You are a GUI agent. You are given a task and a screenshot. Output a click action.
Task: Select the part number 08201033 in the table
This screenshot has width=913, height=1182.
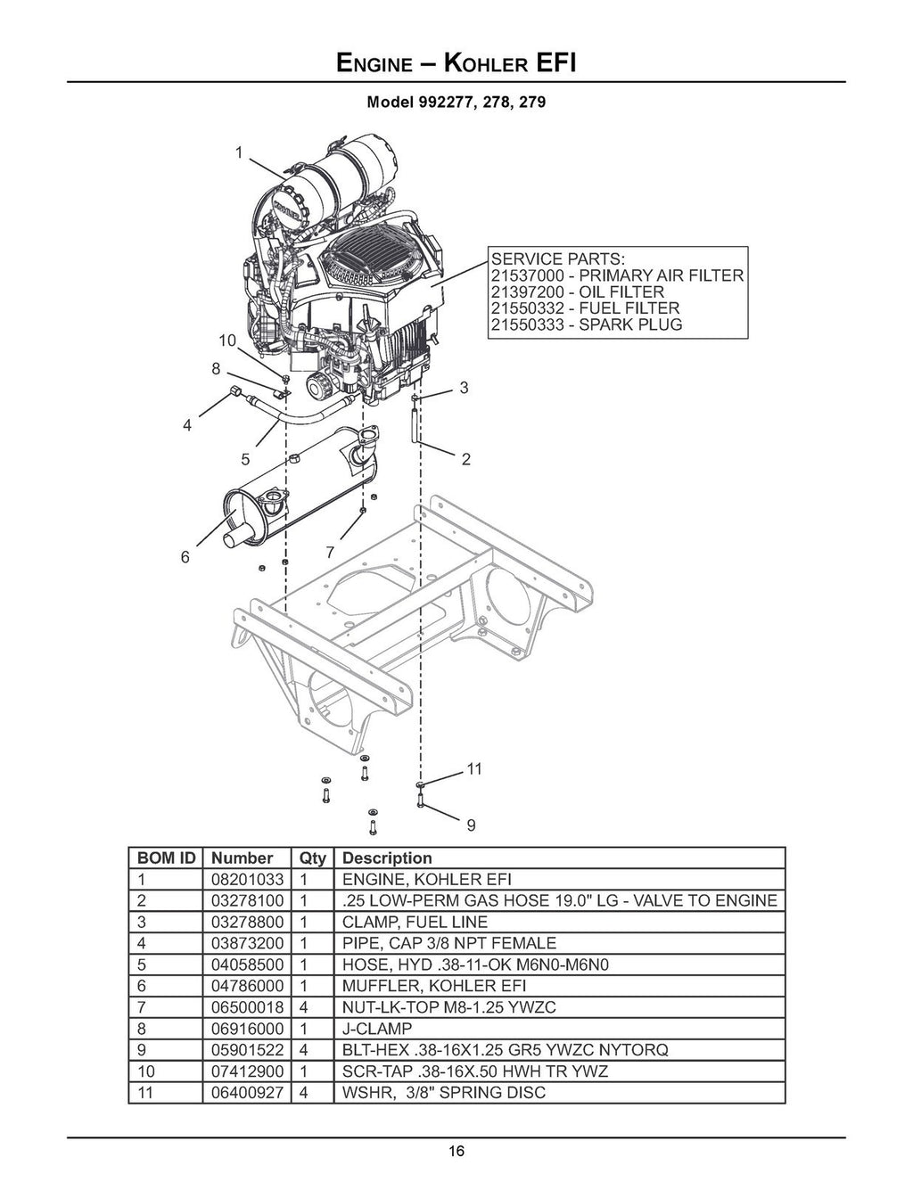coord(248,879)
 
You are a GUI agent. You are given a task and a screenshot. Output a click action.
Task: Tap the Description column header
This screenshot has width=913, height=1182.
coord(387,858)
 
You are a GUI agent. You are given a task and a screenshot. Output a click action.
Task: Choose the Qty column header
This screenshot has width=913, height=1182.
coord(312,858)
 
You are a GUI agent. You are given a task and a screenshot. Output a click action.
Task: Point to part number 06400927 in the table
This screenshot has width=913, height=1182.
coord(248,1092)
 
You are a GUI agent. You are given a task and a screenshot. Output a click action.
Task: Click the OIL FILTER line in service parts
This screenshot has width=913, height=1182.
coord(577,291)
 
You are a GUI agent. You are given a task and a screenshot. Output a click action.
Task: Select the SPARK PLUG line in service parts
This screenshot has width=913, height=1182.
coord(586,324)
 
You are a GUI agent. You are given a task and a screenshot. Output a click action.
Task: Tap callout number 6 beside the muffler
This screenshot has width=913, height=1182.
coord(185,557)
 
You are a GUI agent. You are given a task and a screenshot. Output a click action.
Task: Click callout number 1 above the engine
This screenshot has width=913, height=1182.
coord(239,152)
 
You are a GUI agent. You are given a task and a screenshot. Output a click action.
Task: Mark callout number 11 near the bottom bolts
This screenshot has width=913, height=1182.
coord(474,768)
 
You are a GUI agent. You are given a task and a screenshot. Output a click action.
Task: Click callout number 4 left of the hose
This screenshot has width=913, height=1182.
coord(187,426)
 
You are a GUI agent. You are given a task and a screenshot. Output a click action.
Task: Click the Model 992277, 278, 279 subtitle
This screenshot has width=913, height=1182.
coord(456,102)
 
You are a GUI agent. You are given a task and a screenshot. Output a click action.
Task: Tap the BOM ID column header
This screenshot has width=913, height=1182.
coord(166,858)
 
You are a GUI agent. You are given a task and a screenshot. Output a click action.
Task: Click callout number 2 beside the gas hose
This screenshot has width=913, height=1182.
coord(465,460)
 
